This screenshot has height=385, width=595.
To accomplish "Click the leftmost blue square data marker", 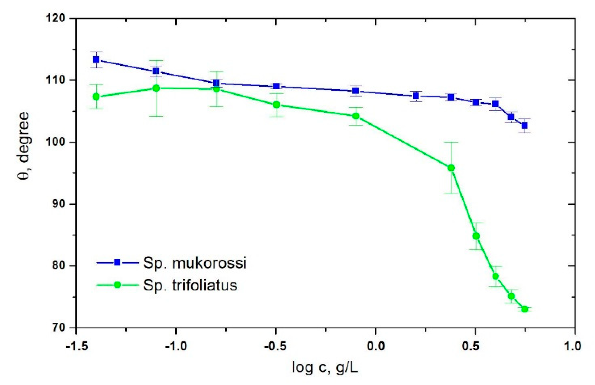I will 96,60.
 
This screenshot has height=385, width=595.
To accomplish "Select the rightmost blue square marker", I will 524,125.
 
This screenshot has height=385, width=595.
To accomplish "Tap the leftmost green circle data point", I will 96,97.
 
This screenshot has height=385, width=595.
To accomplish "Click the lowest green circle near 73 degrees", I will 525,309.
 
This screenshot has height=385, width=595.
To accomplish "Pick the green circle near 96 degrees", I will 451,168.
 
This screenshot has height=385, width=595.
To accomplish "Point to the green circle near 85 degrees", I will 476,236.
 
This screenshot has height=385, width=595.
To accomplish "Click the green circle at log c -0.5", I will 276,105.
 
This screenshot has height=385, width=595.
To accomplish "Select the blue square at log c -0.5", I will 276,86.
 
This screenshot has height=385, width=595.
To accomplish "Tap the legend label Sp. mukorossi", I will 195,263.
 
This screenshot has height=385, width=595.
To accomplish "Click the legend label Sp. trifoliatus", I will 190,285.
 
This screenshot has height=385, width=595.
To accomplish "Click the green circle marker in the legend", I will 117,285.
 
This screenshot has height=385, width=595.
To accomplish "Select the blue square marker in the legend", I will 117,262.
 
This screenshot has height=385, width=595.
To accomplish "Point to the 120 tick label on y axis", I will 55,18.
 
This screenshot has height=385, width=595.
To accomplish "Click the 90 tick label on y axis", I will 58,204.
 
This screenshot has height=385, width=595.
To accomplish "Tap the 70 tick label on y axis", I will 58,328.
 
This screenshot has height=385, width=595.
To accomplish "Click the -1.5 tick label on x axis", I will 77,346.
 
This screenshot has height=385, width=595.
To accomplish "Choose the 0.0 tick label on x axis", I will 375,346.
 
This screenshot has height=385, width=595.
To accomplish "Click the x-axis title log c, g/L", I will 325,368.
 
